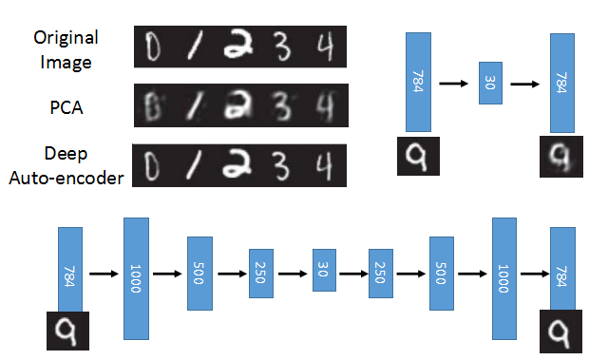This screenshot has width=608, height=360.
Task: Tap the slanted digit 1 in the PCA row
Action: coord(193,103)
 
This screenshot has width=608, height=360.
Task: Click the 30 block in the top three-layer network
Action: coord(490,85)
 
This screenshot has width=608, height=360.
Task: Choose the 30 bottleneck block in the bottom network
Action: coord(324,271)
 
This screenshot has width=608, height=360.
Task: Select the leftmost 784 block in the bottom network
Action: coord(70,270)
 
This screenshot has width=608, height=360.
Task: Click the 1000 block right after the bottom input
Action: coord(134,276)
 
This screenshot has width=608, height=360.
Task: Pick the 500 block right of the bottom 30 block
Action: coord(442,273)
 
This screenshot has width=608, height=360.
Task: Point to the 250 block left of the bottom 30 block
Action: coord(261,272)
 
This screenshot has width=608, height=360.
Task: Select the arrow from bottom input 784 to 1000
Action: coord(102,273)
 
